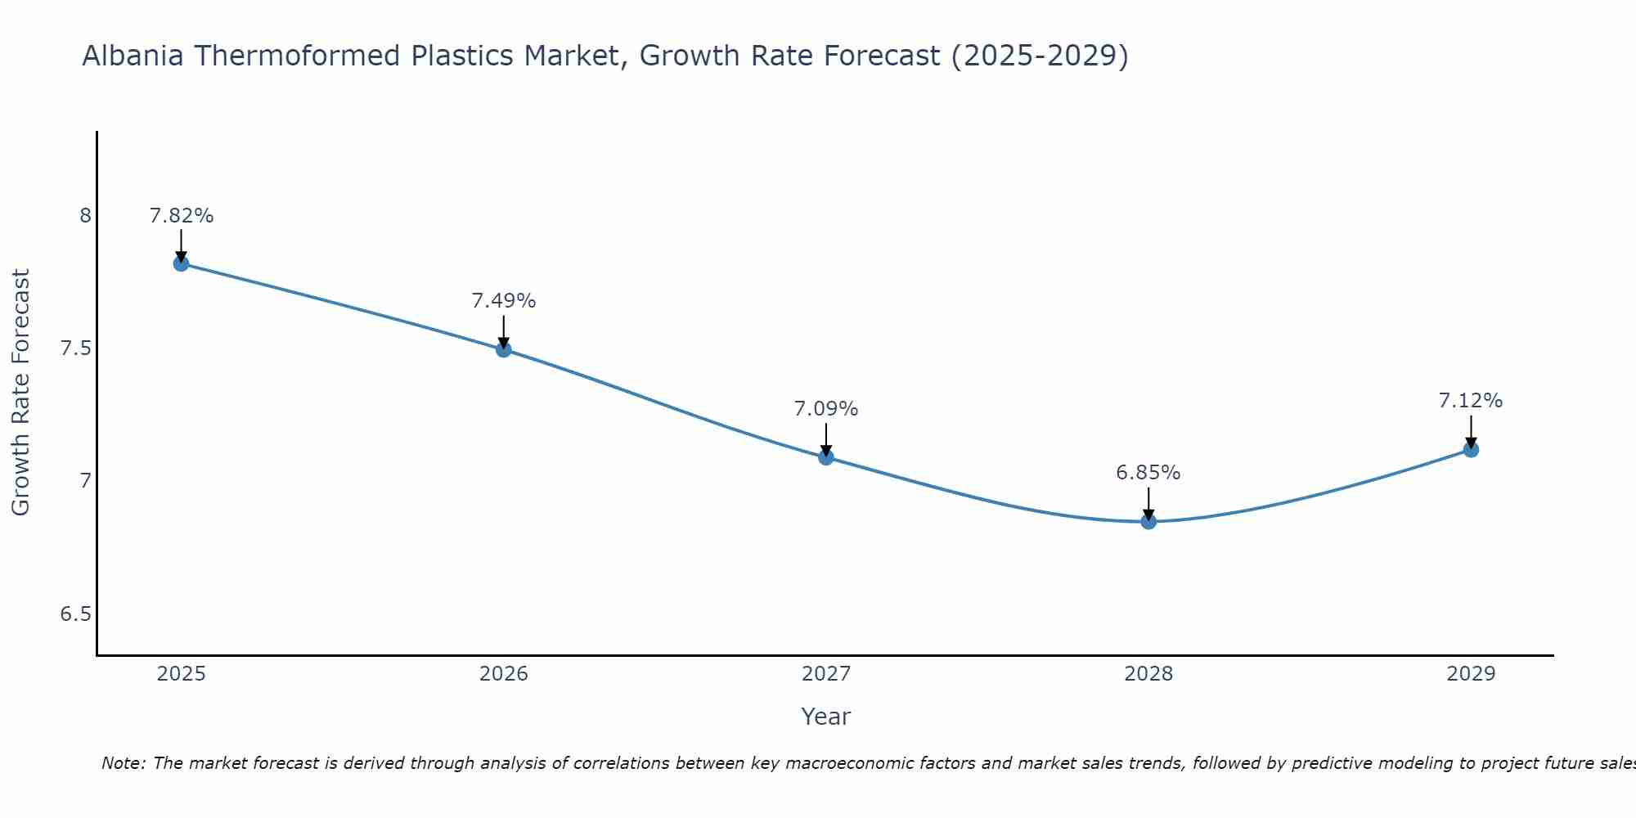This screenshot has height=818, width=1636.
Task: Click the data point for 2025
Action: [181, 263]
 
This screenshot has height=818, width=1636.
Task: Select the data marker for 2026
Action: [504, 349]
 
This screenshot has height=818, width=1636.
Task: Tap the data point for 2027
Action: [826, 457]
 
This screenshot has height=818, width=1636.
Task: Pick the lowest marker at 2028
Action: [1148, 521]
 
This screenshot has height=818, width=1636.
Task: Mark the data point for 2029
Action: [1471, 449]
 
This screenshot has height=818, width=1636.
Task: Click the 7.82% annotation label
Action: [181, 216]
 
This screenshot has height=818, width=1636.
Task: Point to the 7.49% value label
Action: [504, 301]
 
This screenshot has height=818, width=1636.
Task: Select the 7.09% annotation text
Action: [826, 409]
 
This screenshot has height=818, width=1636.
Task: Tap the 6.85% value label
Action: [1148, 473]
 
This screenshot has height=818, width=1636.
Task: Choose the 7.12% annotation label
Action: [1471, 401]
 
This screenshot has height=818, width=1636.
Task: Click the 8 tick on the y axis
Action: [85, 216]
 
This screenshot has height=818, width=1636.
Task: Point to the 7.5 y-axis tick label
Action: [76, 348]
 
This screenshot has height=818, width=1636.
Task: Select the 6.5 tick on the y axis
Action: [76, 614]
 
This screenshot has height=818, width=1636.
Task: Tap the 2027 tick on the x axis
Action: [826, 674]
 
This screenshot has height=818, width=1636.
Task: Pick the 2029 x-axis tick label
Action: [1471, 674]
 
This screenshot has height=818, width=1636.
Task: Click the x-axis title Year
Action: [826, 717]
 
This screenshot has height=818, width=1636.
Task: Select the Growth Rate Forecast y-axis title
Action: [21, 393]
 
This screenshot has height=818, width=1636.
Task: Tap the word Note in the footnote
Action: [123, 763]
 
